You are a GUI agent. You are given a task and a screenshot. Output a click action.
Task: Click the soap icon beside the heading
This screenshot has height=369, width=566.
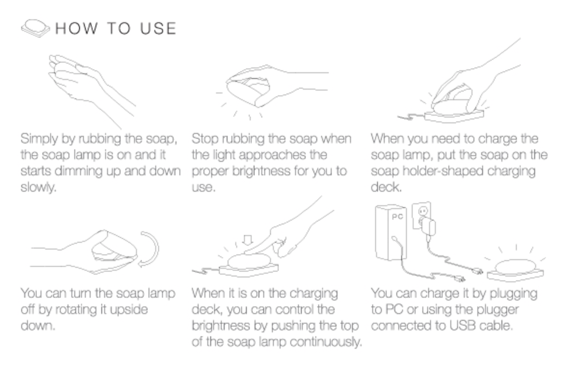click(35, 28)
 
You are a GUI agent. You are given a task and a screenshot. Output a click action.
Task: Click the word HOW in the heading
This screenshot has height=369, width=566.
click(76, 28)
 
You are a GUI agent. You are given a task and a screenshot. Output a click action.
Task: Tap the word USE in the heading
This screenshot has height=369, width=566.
click(158, 28)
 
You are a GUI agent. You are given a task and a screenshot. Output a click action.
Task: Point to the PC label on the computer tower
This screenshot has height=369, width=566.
click(397, 217)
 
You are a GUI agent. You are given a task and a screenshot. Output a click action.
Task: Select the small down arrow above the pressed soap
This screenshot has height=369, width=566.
click(248, 240)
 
